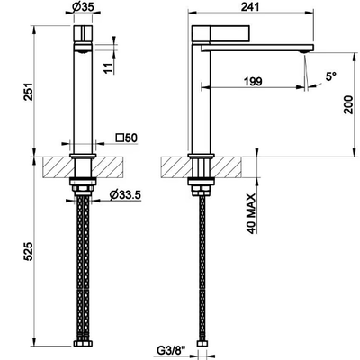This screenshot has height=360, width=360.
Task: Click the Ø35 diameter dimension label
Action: tap(83, 6)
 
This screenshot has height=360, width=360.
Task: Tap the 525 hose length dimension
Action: tap(28, 251)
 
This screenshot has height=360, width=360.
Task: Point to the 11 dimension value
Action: tap(110, 68)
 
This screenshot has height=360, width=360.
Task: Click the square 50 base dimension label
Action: tap(127, 138)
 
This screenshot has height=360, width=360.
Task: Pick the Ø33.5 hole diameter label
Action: tap(125, 195)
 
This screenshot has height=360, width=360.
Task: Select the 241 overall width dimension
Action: tap(250, 6)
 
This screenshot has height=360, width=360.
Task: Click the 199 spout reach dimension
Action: tap(253, 81)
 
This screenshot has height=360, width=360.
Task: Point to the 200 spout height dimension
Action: tap(348, 104)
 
